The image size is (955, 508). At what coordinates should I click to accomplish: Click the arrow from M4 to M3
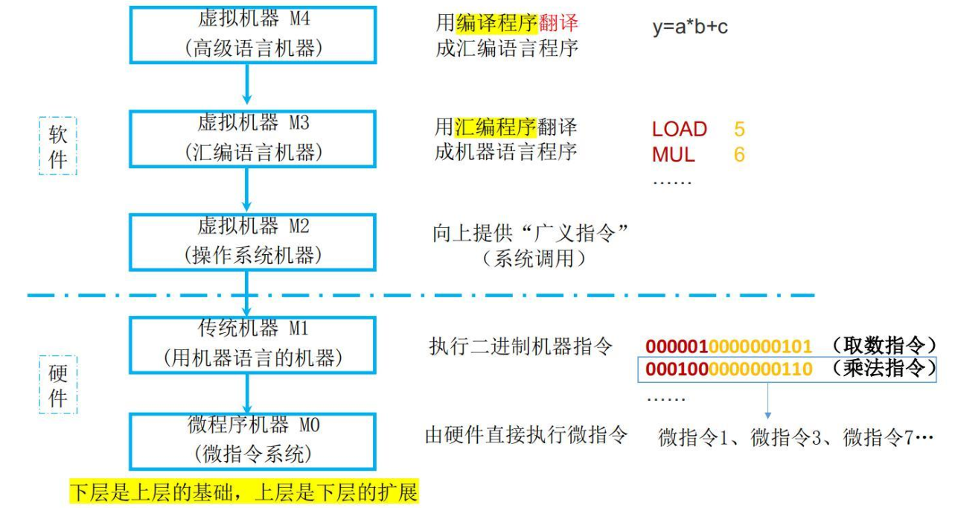tap(247, 84)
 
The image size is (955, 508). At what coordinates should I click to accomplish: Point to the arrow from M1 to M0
tap(247, 393)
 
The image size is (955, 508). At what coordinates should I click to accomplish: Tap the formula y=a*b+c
tap(690, 27)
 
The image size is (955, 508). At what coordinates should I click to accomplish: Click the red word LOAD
tap(680, 130)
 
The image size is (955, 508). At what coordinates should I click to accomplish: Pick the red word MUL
tap(674, 154)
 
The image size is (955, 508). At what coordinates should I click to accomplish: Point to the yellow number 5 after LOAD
tap(739, 130)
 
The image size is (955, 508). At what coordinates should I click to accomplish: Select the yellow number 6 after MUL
tap(739, 154)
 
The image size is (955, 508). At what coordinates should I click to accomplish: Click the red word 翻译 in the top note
tap(558, 22)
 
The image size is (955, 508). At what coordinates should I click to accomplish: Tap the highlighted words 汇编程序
tap(496, 127)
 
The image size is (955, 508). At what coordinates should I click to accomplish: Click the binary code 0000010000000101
tap(729, 346)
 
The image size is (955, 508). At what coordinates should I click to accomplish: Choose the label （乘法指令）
tap(884, 369)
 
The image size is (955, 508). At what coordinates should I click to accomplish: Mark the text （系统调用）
tap(534, 258)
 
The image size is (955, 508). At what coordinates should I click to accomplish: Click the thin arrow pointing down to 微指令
tap(768, 400)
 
